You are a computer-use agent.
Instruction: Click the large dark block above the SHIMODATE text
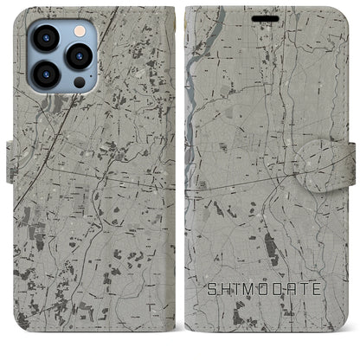pyautogui.click(x=270, y=252)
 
